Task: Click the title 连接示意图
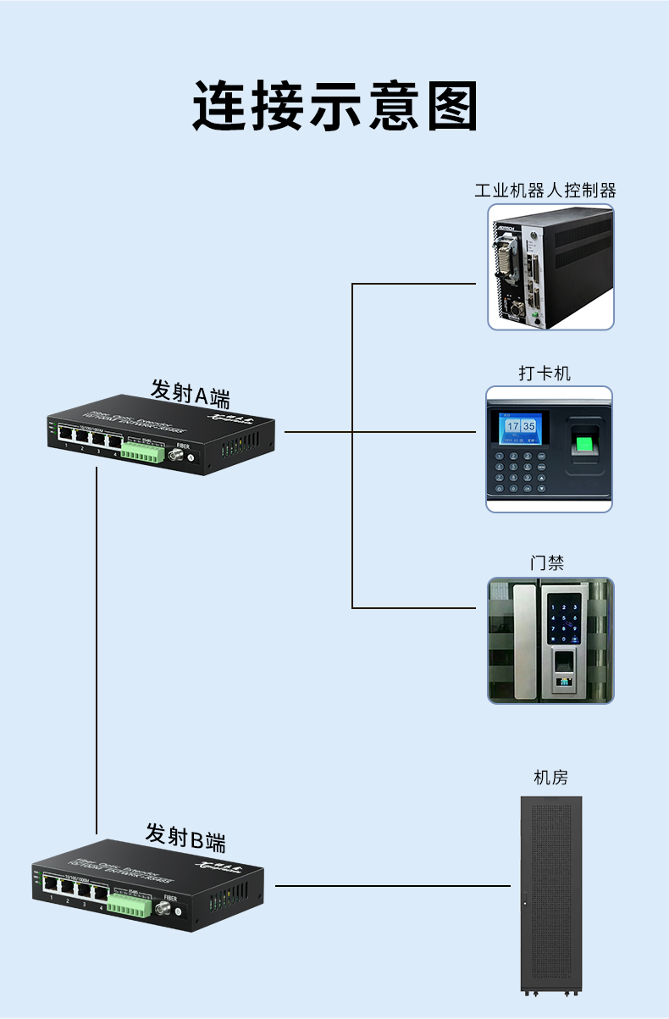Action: pyautogui.click(x=334, y=106)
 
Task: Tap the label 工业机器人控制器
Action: pyautogui.click(x=545, y=190)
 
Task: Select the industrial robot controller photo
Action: pyautogui.click(x=550, y=267)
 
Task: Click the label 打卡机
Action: pyautogui.click(x=545, y=373)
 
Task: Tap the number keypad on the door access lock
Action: pyautogui.click(x=563, y=620)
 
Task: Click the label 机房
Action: pyautogui.click(x=550, y=778)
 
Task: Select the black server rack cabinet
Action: pyautogui.click(x=550, y=894)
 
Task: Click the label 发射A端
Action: pyautogui.click(x=191, y=392)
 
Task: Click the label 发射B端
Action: pyautogui.click(x=185, y=836)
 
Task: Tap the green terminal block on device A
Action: pyautogui.click(x=141, y=453)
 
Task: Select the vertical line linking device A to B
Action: pyautogui.click(x=97, y=652)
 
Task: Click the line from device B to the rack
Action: pyautogui.click(x=394, y=886)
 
